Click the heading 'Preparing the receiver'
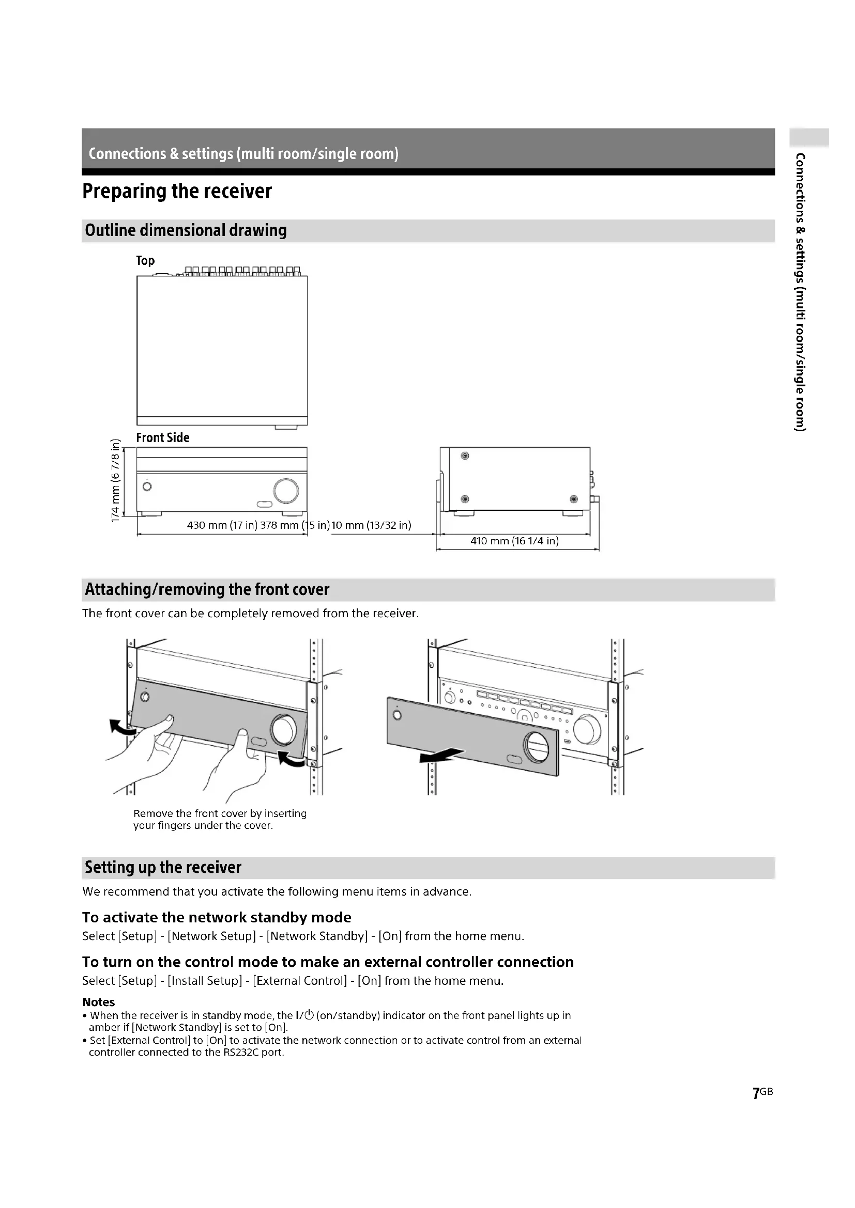[x=177, y=191]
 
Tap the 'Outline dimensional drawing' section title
[x=186, y=230]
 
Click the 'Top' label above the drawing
[x=145, y=260]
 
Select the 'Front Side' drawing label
[x=163, y=437]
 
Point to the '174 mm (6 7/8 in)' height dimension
[x=115, y=480]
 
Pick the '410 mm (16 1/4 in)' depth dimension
[x=514, y=541]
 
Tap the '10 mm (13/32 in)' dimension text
[x=371, y=525]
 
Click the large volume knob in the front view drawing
[x=286, y=490]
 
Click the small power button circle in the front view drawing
[x=147, y=487]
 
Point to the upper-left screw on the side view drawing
[x=465, y=456]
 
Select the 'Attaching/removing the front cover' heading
[x=207, y=589]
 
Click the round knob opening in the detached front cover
[x=536, y=746]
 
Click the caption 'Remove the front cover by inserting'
[x=220, y=813]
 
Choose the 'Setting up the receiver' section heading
[x=163, y=867]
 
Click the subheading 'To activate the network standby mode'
[x=217, y=918]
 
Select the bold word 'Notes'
[x=98, y=1002]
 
